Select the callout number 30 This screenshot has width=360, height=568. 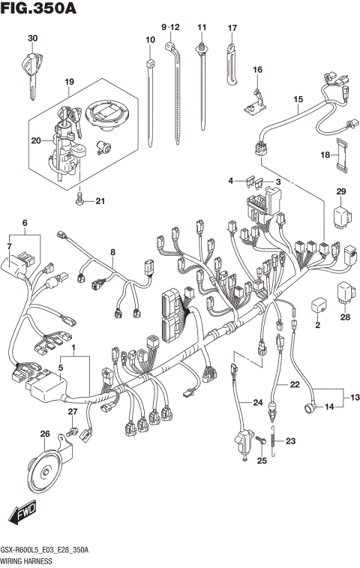(x=31, y=38)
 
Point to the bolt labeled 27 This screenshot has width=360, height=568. (x=72, y=432)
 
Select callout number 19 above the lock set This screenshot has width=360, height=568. (x=69, y=81)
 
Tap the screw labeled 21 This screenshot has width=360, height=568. (x=79, y=200)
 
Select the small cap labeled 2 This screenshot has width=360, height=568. (x=318, y=307)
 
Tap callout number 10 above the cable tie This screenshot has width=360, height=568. (x=150, y=38)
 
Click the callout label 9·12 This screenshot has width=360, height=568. (x=171, y=27)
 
